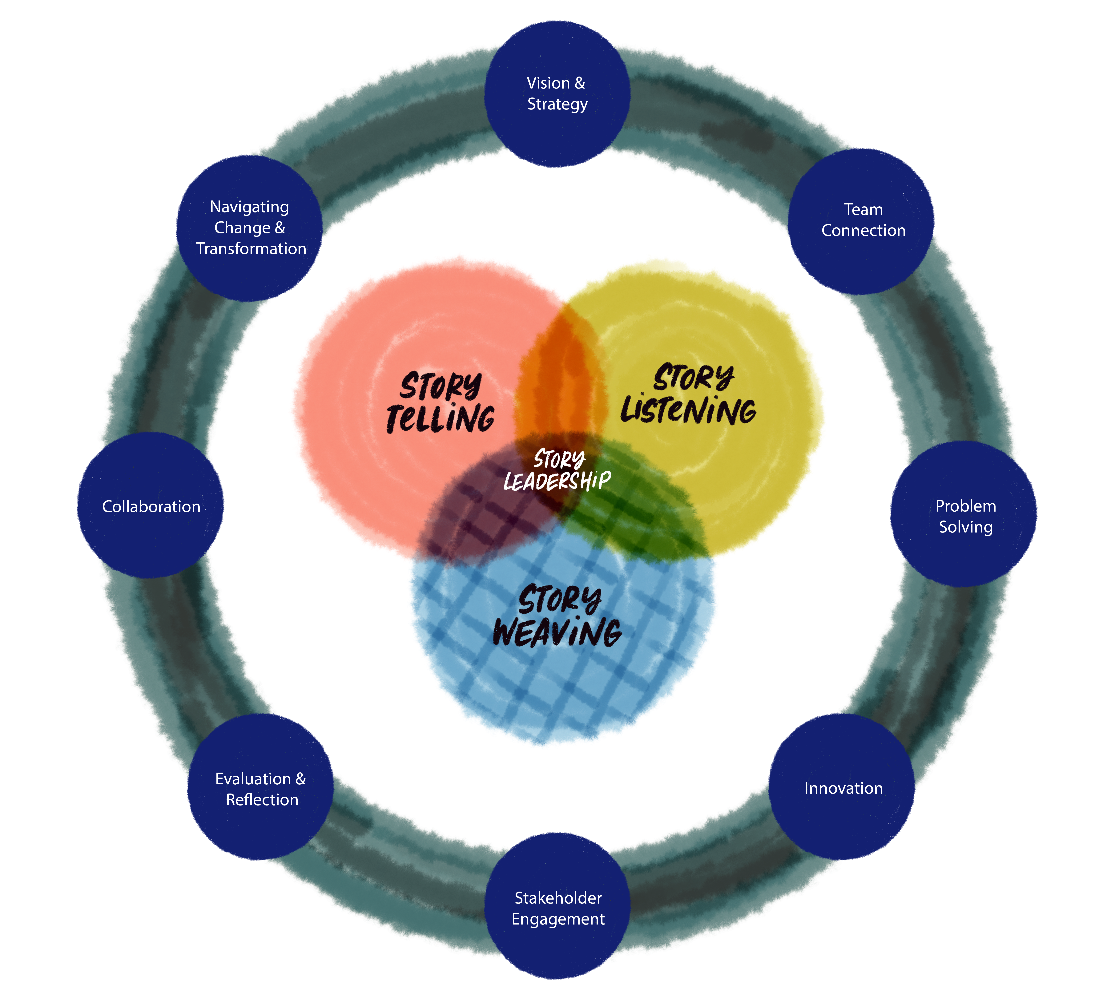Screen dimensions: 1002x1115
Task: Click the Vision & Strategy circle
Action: [557, 94]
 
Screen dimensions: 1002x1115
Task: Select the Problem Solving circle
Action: [964, 515]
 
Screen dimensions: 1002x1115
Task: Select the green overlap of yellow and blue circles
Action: [634, 512]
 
